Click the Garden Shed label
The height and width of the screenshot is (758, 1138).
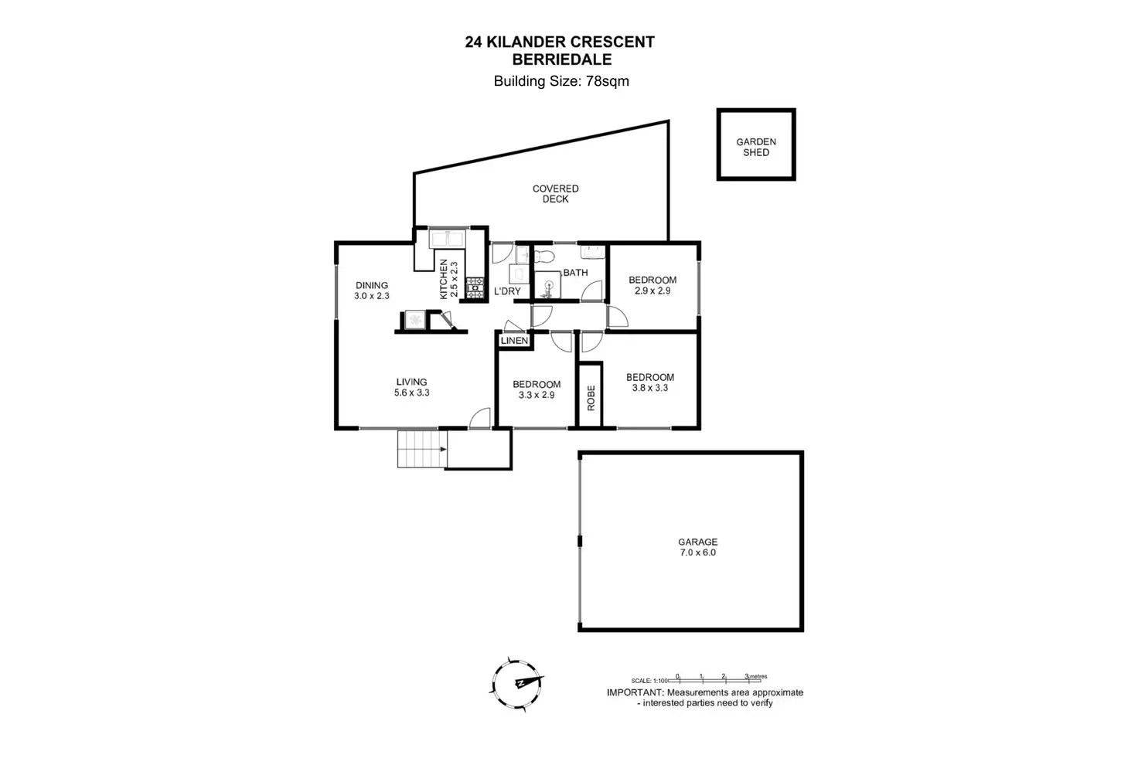(755, 147)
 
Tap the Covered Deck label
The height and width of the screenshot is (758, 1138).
(555, 194)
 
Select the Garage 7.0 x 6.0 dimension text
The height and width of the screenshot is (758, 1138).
(697, 552)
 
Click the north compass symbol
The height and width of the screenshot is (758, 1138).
(516, 684)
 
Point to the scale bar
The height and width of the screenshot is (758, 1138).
(721, 677)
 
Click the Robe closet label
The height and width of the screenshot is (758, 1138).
(591, 397)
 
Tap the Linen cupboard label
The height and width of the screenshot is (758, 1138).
(514, 341)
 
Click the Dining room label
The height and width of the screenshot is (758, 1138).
(372, 285)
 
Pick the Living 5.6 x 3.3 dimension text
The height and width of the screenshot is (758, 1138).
(411, 393)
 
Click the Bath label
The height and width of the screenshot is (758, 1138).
(575, 273)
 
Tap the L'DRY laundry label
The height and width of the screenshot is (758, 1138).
(507, 291)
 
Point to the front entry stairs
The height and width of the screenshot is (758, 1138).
(422, 449)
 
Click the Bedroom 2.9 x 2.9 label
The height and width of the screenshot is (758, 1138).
(652, 280)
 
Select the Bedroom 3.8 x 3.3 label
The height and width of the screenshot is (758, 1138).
(650, 378)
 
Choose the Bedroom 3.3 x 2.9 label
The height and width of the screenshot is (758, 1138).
(537, 385)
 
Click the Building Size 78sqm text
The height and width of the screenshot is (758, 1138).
(561, 81)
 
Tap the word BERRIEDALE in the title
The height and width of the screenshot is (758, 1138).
(561, 59)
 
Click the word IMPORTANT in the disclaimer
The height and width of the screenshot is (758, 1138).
(634, 692)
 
